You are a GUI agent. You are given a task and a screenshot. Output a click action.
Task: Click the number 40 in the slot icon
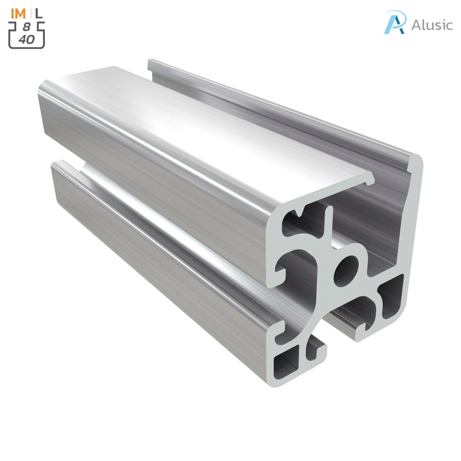(x=27, y=40)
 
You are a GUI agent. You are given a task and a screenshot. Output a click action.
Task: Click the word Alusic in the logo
(x=432, y=25)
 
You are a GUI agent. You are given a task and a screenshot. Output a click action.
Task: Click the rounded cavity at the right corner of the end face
(x=390, y=297)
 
